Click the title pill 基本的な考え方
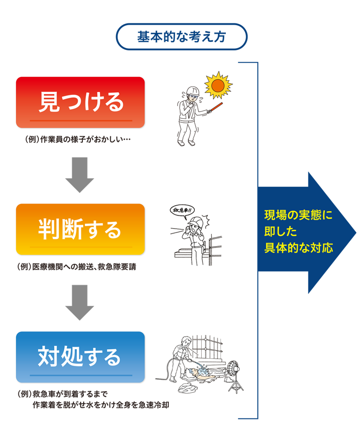[182, 36]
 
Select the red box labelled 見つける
[80, 102]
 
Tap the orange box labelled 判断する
[80, 229]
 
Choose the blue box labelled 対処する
[80, 356]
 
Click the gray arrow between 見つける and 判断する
[80, 175]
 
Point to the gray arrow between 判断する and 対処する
[80, 302]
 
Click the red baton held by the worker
[218, 108]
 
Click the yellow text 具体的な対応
[298, 249]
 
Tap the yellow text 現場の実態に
[298, 215]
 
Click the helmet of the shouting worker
[198, 220]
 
